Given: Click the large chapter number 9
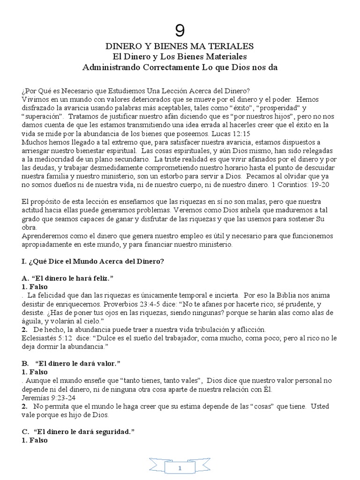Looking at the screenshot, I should coord(180,31).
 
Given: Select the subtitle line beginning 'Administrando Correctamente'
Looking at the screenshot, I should coord(180,67).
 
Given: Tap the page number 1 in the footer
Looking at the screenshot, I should coord(180,468).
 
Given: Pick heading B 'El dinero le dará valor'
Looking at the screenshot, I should coord(71,363).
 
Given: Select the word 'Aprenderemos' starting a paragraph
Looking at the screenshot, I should coord(43,236).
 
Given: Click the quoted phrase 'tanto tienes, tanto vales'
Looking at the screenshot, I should coord(164,380).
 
